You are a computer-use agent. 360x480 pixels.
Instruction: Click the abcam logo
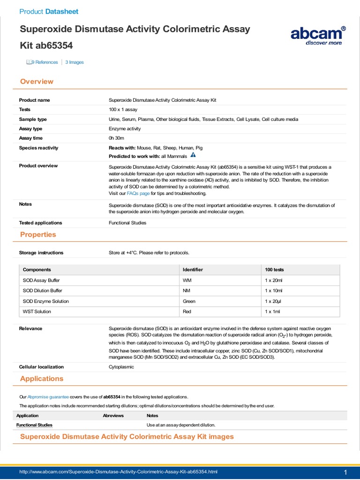pos(318,35)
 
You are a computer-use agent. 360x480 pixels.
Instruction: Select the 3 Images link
pos(75,62)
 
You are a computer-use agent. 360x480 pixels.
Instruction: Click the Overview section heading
pos(37,82)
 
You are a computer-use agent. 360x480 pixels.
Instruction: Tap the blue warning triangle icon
pos(193,156)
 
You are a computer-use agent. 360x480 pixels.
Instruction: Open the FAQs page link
pos(138,193)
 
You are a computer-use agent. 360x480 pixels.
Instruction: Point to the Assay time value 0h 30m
pos(116,138)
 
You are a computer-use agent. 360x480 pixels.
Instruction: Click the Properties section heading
pos(38,234)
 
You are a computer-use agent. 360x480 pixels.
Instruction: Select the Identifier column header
pos(193,270)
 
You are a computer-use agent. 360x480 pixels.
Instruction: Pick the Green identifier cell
pos(189,301)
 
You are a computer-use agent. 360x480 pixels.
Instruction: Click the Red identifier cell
pos(187,311)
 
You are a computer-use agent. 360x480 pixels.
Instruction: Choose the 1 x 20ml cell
pos(274,280)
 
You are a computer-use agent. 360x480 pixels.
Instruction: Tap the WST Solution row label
pos(37,311)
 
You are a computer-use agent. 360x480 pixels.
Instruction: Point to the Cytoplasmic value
pos(121,367)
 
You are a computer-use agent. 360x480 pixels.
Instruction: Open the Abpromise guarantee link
pos(48,397)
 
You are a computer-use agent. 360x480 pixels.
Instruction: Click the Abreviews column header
pos(113,415)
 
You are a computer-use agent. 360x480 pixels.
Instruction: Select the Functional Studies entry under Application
pos(34,425)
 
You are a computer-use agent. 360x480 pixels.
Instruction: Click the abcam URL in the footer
pos(118,471)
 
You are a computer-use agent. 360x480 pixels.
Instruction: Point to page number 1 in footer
pos(345,472)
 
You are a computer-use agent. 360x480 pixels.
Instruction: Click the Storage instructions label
pos(41,253)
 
